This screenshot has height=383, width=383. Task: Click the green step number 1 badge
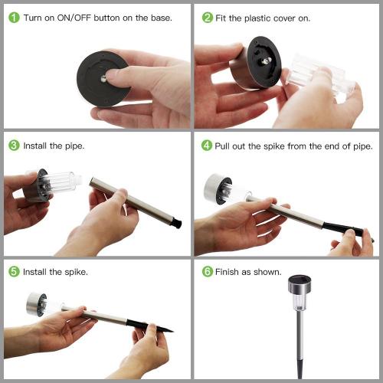tap(14, 18)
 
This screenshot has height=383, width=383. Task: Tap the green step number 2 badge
tap(208, 18)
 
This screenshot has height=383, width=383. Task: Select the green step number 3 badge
tap(14, 146)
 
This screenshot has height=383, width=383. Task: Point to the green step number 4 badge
tap(207, 146)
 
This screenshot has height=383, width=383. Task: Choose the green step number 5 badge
tap(14, 271)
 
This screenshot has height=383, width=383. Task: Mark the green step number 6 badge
tap(208, 271)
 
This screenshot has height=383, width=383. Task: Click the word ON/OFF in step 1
tap(74, 18)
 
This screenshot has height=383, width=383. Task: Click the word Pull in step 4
tap(222, 146)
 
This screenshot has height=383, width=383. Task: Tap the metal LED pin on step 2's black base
tap(266, 61)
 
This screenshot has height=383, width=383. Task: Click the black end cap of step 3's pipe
tap(176, 223)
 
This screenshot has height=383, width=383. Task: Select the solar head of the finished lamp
tap(300, 284)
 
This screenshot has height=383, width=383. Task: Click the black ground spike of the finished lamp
tap(300, 368)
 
